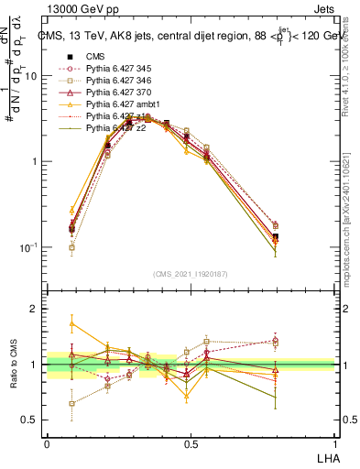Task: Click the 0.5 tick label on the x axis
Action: (x=191, y=443)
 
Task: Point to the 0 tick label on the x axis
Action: (x=47, y=443)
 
